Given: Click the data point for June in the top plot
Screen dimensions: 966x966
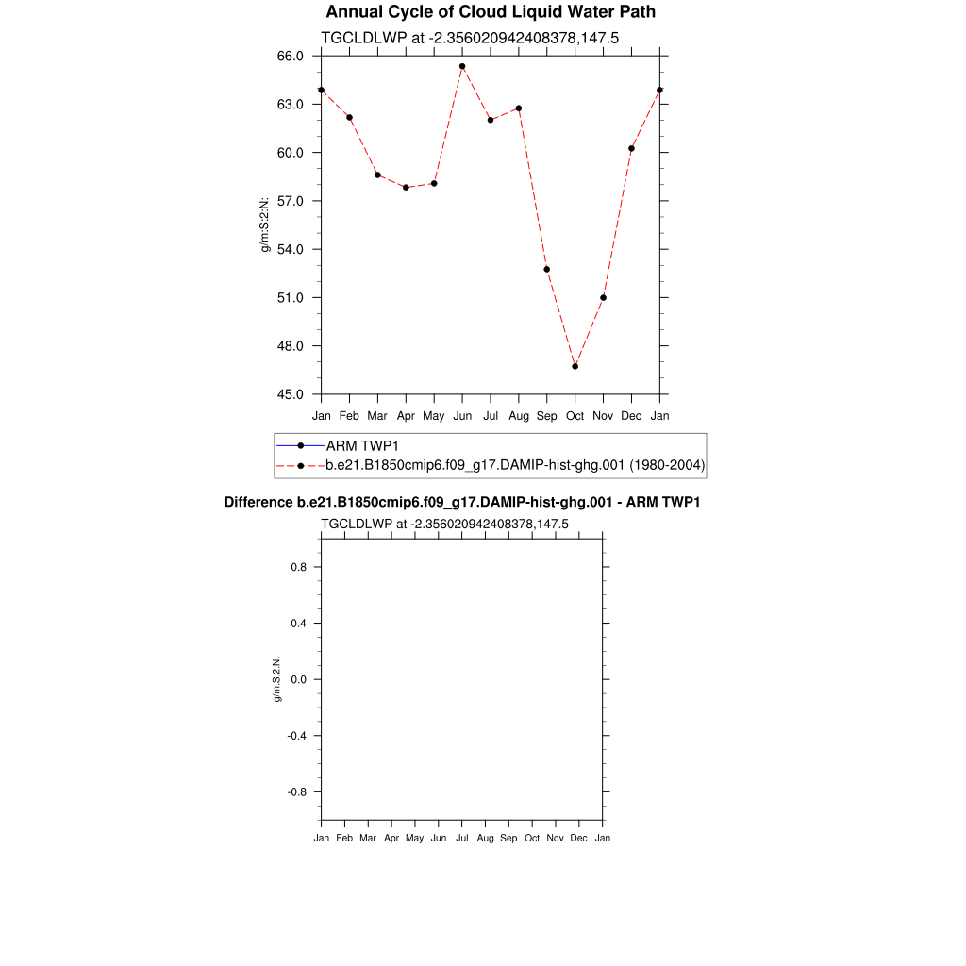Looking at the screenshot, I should coord(462,66).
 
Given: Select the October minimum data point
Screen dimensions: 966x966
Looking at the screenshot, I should coord(575,366).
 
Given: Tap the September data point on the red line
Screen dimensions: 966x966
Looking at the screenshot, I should coord(546,269).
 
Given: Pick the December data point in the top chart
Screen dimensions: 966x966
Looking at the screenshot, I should coord(631,148).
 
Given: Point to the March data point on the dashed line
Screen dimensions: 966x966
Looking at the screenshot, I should coord(377,175).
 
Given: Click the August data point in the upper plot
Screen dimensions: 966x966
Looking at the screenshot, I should coord(519,108).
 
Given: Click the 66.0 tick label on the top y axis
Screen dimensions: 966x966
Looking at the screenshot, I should coord(291,57).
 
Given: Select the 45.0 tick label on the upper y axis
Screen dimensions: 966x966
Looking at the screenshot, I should coord(291,394).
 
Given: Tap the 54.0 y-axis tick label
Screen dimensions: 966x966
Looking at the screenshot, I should coord(291,249).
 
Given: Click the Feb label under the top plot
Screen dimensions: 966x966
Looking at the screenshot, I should coord(349,416).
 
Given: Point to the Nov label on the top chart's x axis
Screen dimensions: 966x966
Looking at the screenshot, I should coord(603,416).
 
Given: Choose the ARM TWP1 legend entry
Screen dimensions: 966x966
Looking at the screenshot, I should coord(358,444).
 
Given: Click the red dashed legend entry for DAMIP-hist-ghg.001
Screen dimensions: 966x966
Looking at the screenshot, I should coord(515,465).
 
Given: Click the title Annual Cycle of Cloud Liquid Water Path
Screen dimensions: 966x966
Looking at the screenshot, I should coord(491,12).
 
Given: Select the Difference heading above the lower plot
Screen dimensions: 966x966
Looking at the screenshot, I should coord(461,502).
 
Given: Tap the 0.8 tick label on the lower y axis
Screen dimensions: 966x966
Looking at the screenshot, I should coord(298,567).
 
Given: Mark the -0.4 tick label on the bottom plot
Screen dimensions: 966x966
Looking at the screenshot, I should coord(296,736).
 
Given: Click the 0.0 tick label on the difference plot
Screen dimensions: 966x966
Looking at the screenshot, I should coord(298,679).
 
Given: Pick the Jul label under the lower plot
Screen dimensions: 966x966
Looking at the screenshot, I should coord(461,838).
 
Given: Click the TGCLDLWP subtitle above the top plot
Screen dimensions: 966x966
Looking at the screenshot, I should coord(469,38).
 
